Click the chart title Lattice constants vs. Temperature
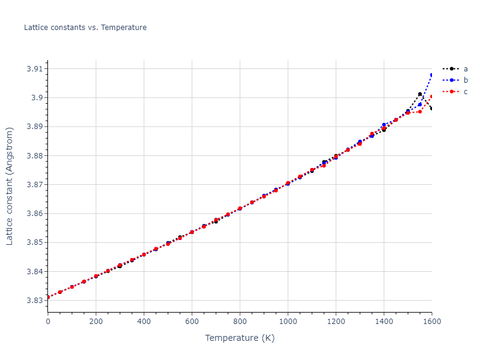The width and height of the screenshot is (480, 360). (85, 28)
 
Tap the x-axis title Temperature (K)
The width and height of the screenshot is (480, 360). (239, 338)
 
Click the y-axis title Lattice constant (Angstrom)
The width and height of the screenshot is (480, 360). (10, 186)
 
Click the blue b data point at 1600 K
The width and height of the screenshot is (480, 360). (431, 75)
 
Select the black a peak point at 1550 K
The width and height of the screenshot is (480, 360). (420, 94)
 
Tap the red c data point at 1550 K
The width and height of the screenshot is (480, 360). (420, 112)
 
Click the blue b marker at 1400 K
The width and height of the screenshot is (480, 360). (384, 125)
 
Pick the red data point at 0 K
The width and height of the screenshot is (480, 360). (48, 297)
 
